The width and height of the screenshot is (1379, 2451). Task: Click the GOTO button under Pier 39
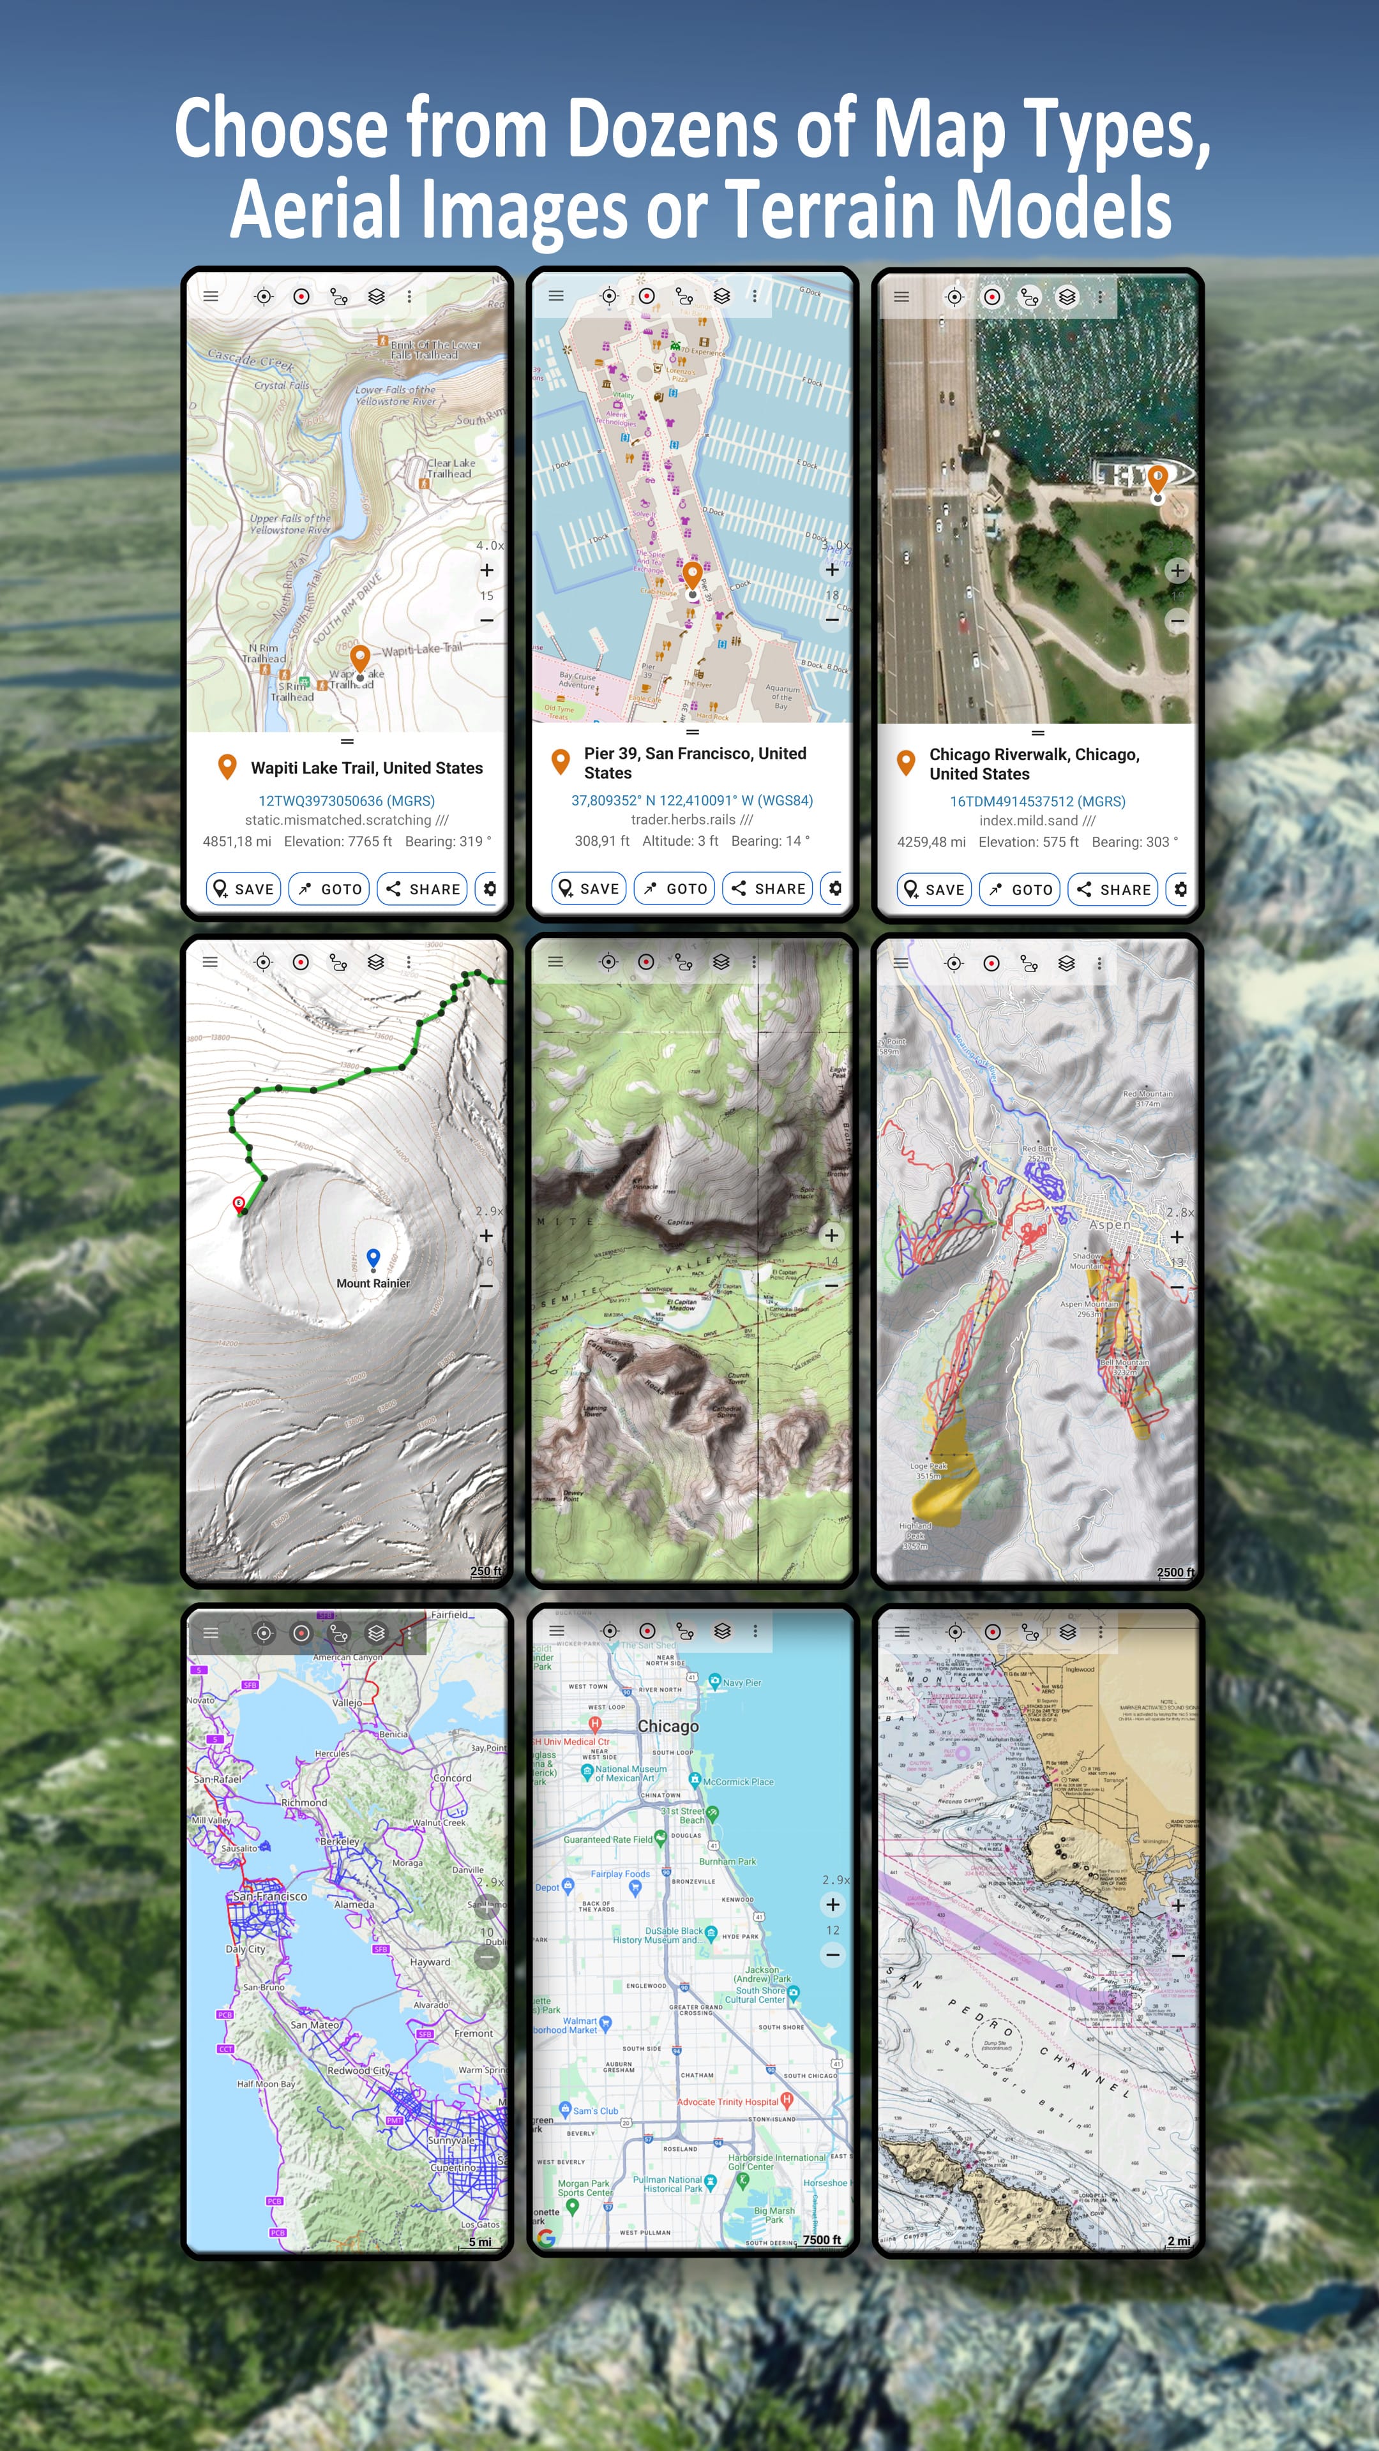tap(675, 888)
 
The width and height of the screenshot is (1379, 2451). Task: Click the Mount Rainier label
tap(373, 1284)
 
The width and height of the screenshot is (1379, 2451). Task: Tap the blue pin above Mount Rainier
tap(373, 1259)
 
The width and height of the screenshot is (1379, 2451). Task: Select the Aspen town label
tap(1110, 1225)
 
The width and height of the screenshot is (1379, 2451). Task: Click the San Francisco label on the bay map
tap(270, 1896)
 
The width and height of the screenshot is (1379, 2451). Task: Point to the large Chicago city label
tap(668, 1726)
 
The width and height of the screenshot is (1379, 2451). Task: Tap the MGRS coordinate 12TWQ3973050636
tap(347, 801)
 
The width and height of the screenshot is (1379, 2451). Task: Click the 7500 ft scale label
tap(821, 2240)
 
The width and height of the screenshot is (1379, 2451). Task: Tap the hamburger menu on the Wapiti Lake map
tap(210, 296)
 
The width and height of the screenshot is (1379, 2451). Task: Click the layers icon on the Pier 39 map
tap(721, 296)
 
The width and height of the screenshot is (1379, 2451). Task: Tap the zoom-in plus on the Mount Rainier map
tap(486, 1235)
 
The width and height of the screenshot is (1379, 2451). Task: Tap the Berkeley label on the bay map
tap(340, 1841)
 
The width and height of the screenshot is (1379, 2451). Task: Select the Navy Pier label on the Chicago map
tap(741, 1683)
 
